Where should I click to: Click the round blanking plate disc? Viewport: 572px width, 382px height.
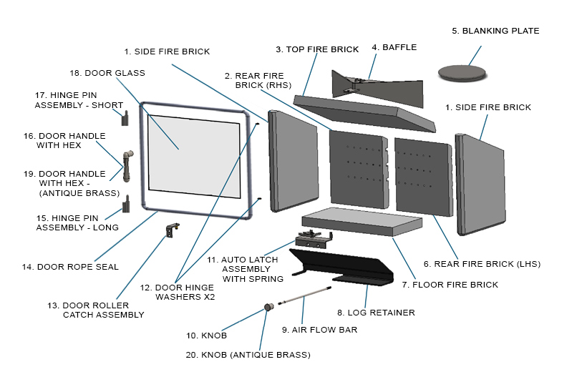tap(461, 71)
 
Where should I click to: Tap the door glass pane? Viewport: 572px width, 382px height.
tap(193, 155)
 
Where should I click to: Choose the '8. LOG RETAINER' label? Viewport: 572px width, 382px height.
tap(377, 313)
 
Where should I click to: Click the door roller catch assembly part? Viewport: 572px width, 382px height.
tap(172, 230)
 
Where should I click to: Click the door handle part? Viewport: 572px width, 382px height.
tap(127, 165)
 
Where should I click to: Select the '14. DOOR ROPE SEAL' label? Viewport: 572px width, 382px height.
tap(69, 268)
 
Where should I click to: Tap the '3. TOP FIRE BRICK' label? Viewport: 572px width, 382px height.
tap(317, 49)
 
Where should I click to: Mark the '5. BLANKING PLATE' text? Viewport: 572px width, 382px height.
tap(495, 31)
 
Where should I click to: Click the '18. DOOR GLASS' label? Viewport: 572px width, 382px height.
tap(107, 73)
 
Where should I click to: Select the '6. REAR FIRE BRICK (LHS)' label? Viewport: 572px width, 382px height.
tap(481, 264)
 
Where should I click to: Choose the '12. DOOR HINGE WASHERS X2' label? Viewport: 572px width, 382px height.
tap(177, 292)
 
